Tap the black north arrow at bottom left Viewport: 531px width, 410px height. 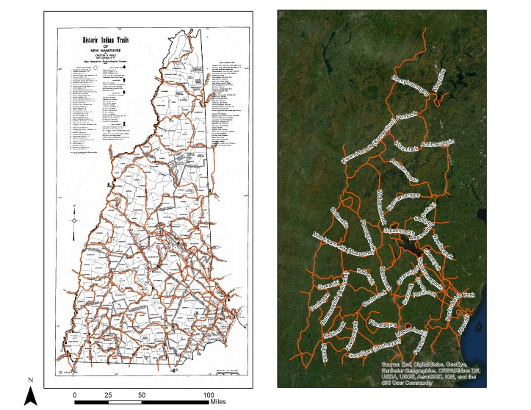[x=30, y=397]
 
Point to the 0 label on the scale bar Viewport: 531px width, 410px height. [x=75, y=395]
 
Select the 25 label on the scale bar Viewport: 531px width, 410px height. [x=108, y=395]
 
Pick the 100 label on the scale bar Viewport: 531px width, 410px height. [x=209, y=395]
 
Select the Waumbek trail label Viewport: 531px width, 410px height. [x=405, y=146]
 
